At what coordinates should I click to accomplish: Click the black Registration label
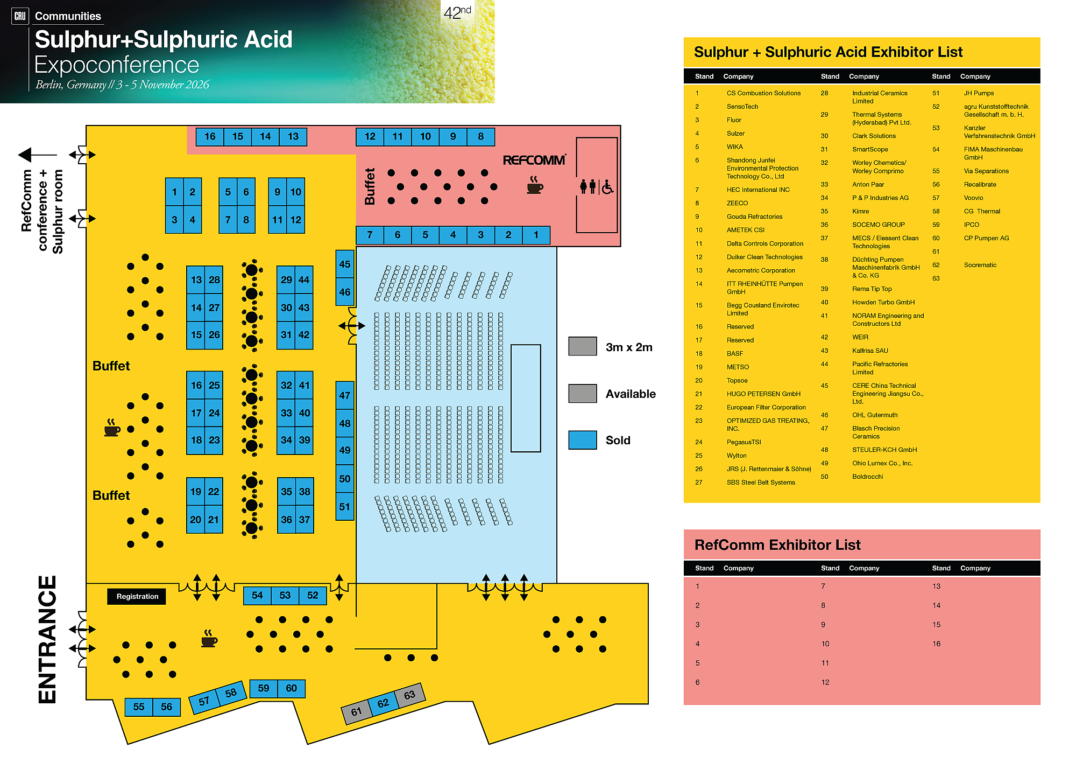click(x=137, y=596)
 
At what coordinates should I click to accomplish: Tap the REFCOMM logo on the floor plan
click(x=534, y=160)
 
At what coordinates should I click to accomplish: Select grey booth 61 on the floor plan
click(x=356, y=711)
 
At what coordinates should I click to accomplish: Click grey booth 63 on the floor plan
click(x=409, y=695)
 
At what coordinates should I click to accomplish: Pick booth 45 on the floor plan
click(x=344, y=264)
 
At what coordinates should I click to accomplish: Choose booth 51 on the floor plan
click(x=344, y=506)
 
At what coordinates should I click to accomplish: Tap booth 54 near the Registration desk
click(x=257, y=595)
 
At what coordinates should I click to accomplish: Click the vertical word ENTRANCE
click(x=47, y=639)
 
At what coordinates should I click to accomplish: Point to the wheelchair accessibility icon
click(x=607, y=187)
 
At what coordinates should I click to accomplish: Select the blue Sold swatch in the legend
click(x=582, y=440)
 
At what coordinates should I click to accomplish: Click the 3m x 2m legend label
click(x=628, y=347)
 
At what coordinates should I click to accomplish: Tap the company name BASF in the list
click(x=734, y=354)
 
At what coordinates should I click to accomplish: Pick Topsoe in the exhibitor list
click(x=737, y=381)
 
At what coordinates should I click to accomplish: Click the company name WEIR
click(x=860, y=337)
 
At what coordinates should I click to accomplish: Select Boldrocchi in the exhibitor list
click(x=867, y=477)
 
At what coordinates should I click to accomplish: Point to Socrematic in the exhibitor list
click(x=980, y=265)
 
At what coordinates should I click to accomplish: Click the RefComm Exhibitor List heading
click(x=777, y=545)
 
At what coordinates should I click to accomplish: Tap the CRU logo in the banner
click(x=20, y=16)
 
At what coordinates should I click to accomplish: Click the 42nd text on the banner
click(x=457, y=12)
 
